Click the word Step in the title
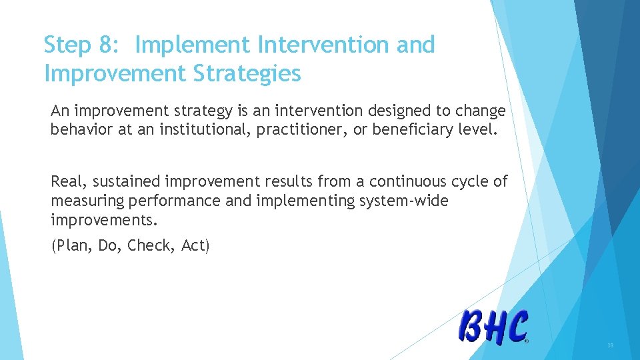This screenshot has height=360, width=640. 67,45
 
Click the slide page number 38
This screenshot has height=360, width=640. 610,346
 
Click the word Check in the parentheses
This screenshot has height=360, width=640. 150,245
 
